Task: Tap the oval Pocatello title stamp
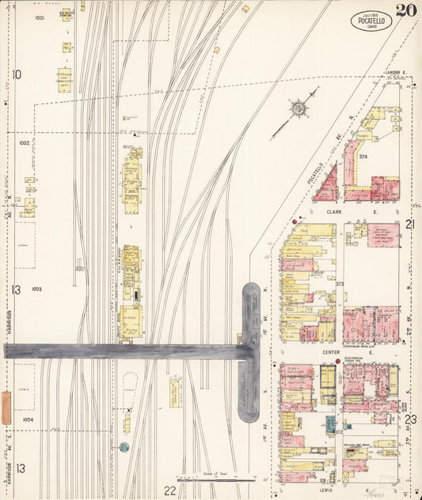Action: (370, 21)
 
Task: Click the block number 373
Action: (339, 283)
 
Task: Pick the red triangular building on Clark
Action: (326, 184)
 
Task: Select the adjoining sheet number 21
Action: (410, 224)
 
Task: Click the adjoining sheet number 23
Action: (410, 419)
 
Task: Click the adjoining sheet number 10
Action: (17, 75)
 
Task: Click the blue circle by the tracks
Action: (124, 447)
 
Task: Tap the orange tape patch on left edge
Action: (6, 407)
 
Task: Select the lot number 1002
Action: (25, 143)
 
